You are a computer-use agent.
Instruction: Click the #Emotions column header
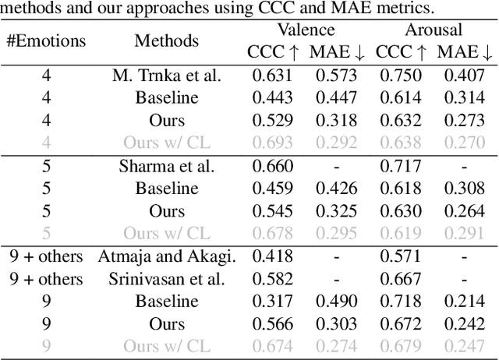(47, 41)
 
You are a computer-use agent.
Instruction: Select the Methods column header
(166, 41)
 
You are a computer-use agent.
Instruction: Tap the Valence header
(308, 30)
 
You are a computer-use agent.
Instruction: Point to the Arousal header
(434, 30)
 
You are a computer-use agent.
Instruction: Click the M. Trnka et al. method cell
(167, 76)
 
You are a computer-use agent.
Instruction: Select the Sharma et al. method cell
(167, 166)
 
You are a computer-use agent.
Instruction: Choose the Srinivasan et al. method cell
(167, 278)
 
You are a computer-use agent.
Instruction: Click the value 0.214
(465, 301)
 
